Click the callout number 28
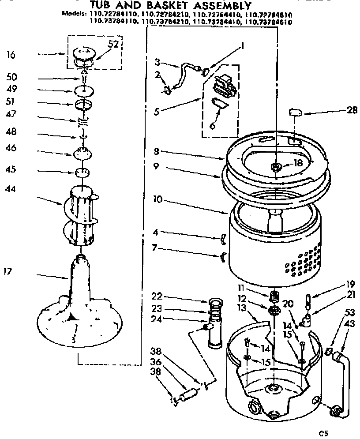pyautogui.click(x=352, y=110)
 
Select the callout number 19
pyautogui.click(x=350, y=284)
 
